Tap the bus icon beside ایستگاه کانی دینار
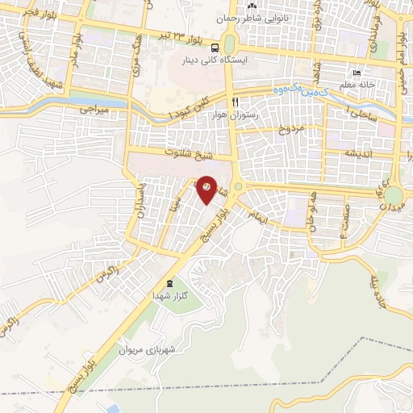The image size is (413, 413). [x=214, y=47]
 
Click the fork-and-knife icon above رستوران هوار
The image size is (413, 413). [x=236, y=102]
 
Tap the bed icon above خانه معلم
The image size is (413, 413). [x=357, y=73]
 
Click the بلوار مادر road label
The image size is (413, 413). [x=75, y=50]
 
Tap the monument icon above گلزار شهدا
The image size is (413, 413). [x=169, y=283]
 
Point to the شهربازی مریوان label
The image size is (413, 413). [x=147, y=350]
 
